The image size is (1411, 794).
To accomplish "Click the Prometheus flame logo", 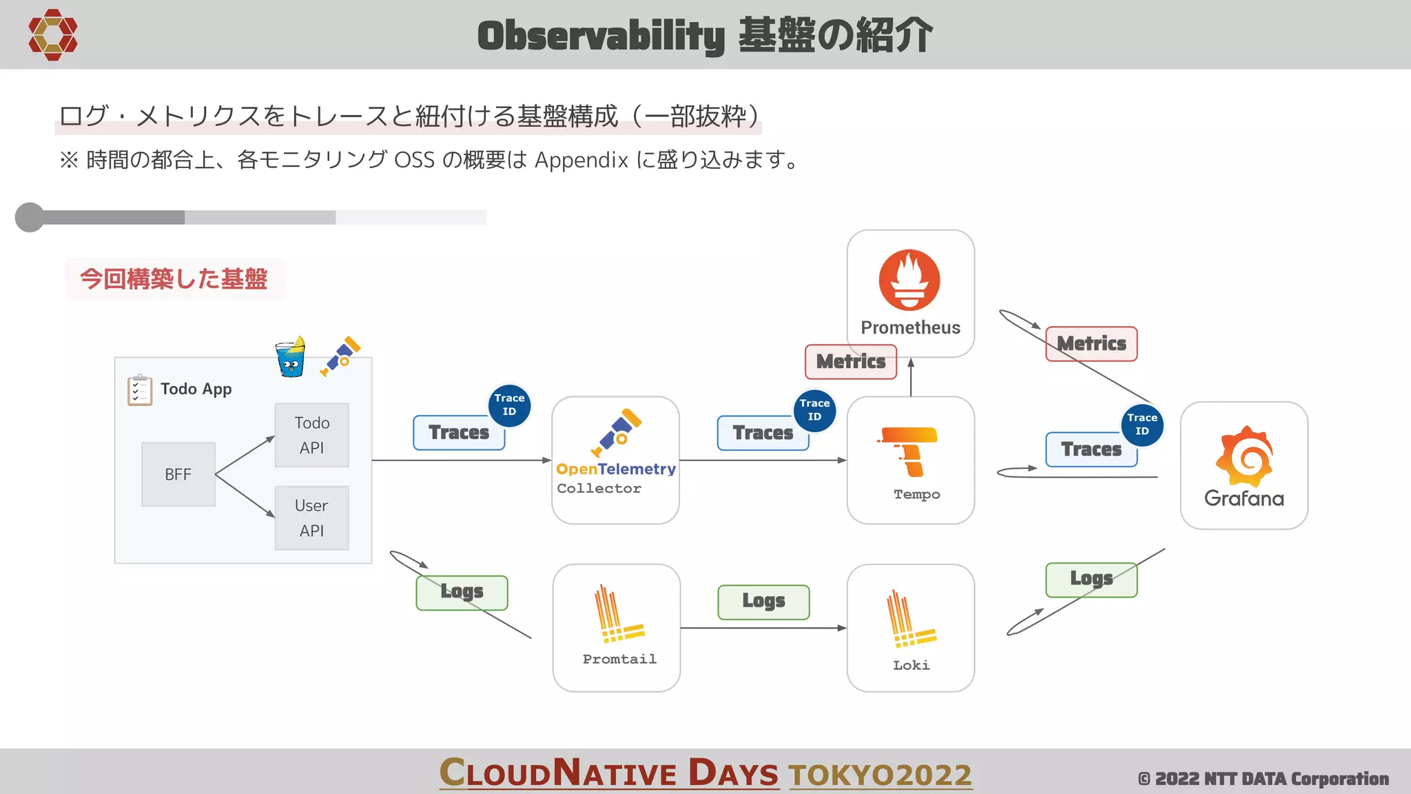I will pos(909,280).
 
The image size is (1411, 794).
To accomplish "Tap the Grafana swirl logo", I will pos(1244,456).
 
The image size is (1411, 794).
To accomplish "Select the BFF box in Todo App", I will pos(178,474).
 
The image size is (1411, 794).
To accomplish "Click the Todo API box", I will pos(311,435).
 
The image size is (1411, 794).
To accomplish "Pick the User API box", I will pos(311,518).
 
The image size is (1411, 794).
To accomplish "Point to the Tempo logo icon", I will pos(909,451).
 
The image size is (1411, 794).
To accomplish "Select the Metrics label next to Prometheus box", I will pos(851,361).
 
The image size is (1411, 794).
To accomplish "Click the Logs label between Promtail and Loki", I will pos(763,602).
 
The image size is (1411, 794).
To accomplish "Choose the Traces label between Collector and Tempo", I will pos(762,433).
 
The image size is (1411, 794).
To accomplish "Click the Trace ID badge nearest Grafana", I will pos(1142,425).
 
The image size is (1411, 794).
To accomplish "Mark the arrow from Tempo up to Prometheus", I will pos(911,378).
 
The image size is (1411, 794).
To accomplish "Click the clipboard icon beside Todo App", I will pos(139,390).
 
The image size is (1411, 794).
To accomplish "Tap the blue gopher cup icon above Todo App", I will pos(290,356).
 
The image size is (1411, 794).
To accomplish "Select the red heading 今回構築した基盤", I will pos(174,279).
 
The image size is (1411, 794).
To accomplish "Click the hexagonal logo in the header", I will pos(52,34).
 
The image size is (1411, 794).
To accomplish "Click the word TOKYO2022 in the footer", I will pos(880,775).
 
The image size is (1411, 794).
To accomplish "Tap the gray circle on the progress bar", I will pos(30,217).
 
